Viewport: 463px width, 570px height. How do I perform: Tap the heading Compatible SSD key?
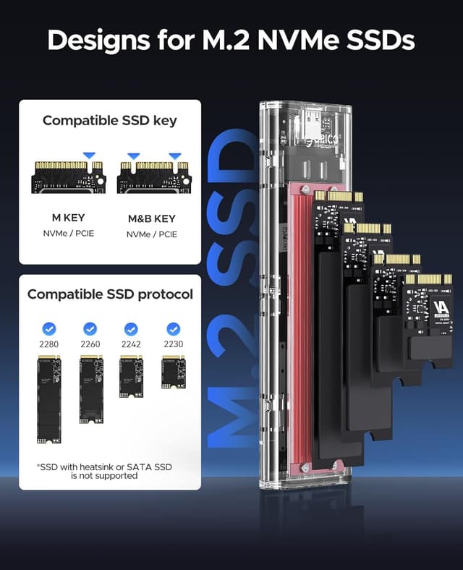[x=109, y=120]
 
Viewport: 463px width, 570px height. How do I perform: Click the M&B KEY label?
[x=151, y=218]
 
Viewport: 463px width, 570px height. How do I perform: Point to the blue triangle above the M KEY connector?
[x=88, y=156]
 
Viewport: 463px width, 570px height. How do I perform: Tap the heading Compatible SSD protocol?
[x=110, y=294]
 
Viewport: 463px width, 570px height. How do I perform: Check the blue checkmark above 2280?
[x=48, y=328]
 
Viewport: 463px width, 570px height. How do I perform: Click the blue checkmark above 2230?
[x=173, y=328]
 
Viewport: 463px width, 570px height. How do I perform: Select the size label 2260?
[x=90, y=344]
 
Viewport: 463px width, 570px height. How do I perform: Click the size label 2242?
[x=131, y=344]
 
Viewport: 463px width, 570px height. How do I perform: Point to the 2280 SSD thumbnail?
[x=48, y=399]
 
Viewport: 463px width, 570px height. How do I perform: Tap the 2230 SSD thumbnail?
[x=173, y=373]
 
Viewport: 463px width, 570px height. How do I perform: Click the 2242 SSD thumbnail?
[x=131, y=377]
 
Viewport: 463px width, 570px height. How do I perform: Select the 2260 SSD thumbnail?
[x=90, y=389]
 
